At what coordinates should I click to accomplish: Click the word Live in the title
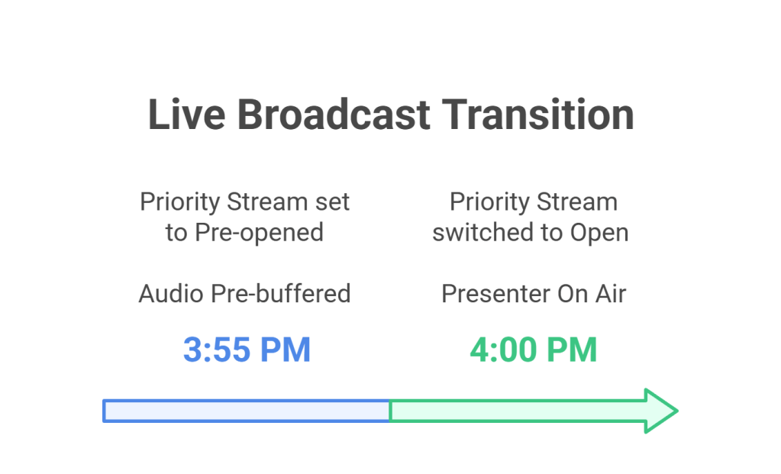pos(187,114)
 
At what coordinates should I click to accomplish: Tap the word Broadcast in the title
pos(334,114)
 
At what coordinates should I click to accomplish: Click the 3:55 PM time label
pos(247,350)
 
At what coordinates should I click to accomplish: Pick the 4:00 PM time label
pos(534,350)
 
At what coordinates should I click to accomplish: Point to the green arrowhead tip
pos(677,411)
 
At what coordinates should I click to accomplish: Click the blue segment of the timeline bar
pos(247,411)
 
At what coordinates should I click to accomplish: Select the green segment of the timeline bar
pos(534,411)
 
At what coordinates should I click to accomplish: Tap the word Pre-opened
pos(259,233)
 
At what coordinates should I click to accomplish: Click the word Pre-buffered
pos(280,294)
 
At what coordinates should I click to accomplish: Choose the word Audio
pos(171,294)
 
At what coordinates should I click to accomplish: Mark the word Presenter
pos(495,294)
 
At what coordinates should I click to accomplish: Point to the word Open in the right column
pos(599,233)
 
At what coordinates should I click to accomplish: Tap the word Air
pos(612,294)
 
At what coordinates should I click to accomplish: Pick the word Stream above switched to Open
pos(577,202)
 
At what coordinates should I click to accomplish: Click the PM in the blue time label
pos(286,350)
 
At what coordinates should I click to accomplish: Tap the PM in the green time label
pos(572,350)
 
